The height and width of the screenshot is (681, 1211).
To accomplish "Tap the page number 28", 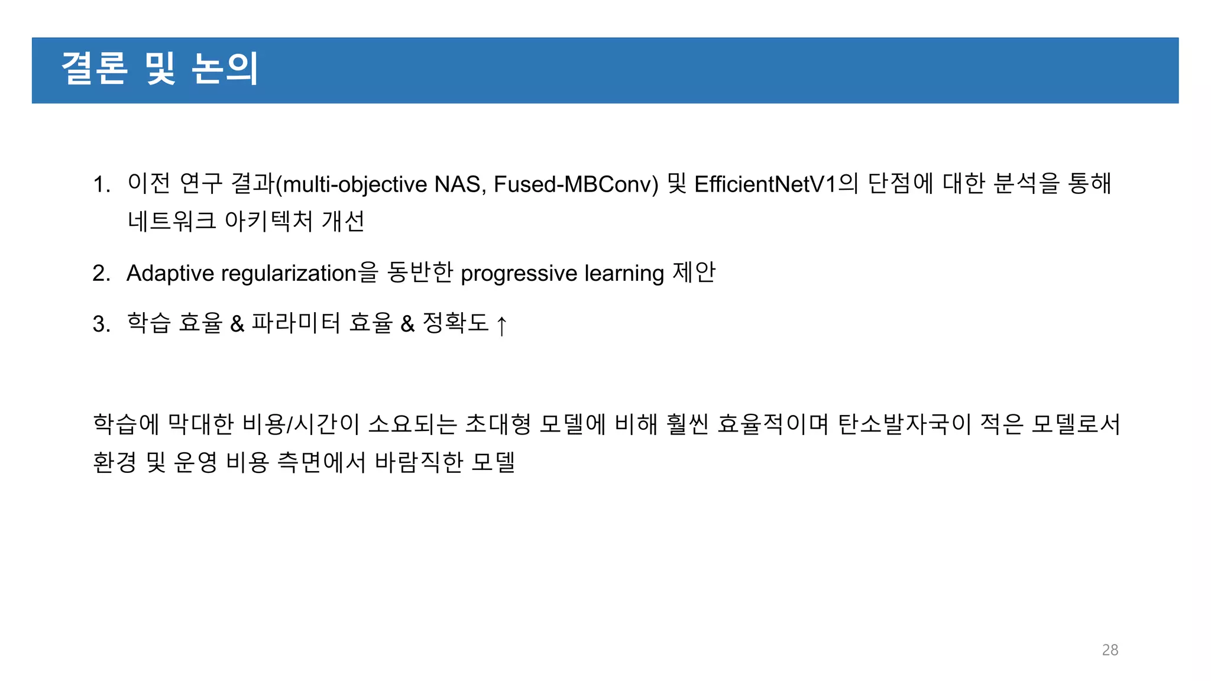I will click(x=1110, y=650).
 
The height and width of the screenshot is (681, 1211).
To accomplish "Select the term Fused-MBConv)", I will click(x=575, y=184).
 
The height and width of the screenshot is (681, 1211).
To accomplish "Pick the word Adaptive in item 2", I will click(x=170, y=274).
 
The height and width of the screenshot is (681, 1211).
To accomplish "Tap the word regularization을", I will click(x=299, y=274).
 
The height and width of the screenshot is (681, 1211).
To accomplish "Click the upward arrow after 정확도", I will click(x=501, y=325).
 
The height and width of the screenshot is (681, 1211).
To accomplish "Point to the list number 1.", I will click(x=101, y=184).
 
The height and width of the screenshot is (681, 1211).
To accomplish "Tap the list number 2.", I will click(x=101, y=274).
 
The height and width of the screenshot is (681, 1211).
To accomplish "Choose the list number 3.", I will click(x=101, y=324).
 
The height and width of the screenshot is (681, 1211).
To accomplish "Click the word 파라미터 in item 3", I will click(x=296, y=323).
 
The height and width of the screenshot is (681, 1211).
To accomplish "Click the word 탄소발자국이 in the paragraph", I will click(x=905, y=424).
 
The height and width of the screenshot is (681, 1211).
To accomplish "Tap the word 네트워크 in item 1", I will click(x=172, y=222).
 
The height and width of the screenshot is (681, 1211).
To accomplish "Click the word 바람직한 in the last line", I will click(x=419, y=462).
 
